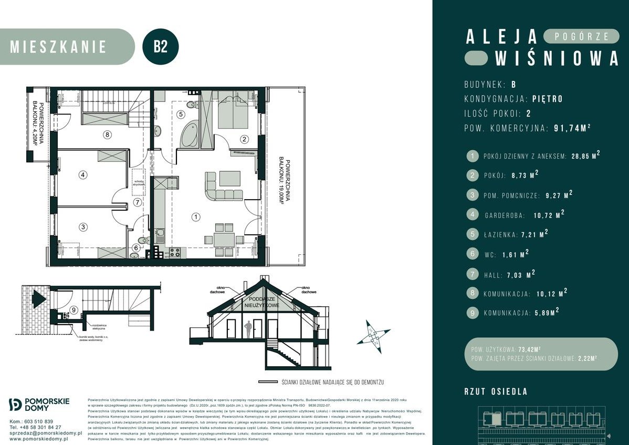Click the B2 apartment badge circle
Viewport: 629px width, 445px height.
161,46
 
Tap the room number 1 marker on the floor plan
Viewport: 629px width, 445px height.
195,216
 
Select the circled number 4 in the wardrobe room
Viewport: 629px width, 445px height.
82,175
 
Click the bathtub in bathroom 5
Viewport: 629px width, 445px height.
190,134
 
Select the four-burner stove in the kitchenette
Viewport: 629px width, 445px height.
174,252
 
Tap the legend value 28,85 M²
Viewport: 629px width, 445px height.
585,156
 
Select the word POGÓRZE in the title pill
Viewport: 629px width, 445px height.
582,36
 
